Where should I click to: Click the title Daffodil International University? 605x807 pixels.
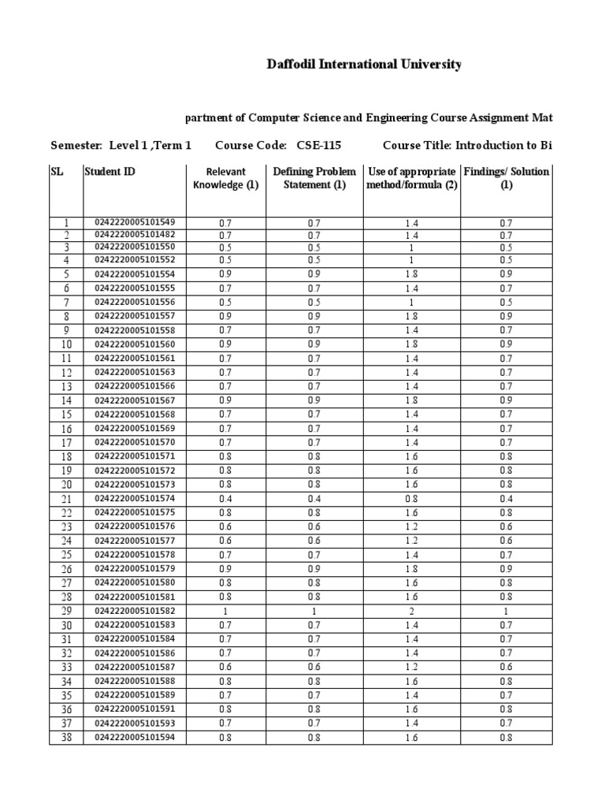(364, 65)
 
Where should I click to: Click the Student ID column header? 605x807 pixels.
(109, 172)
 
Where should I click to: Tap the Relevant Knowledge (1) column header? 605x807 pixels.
(226, 179)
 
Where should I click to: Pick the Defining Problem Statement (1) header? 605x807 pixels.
(314, 179)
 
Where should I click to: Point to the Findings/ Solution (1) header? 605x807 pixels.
(507, 179)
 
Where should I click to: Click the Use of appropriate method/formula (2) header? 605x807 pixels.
(412, 179)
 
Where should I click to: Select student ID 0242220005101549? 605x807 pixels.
(135, 221)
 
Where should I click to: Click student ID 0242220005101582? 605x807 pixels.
(135, 611)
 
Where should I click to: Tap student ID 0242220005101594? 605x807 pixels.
(135, 737)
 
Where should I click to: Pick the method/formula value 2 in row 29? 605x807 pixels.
(412, 612)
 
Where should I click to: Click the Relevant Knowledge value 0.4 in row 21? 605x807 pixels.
(226, 499)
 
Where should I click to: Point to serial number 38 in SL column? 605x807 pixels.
(66, 738)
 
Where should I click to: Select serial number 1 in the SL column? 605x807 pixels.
(66, 222)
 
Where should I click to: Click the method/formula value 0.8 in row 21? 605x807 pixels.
(412, 499)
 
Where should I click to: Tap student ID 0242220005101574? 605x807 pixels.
(135, 498)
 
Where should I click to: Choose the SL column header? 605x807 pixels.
(57, 172)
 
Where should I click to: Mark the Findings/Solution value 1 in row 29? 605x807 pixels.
(507, 612)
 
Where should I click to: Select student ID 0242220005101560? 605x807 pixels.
(135, 344)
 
